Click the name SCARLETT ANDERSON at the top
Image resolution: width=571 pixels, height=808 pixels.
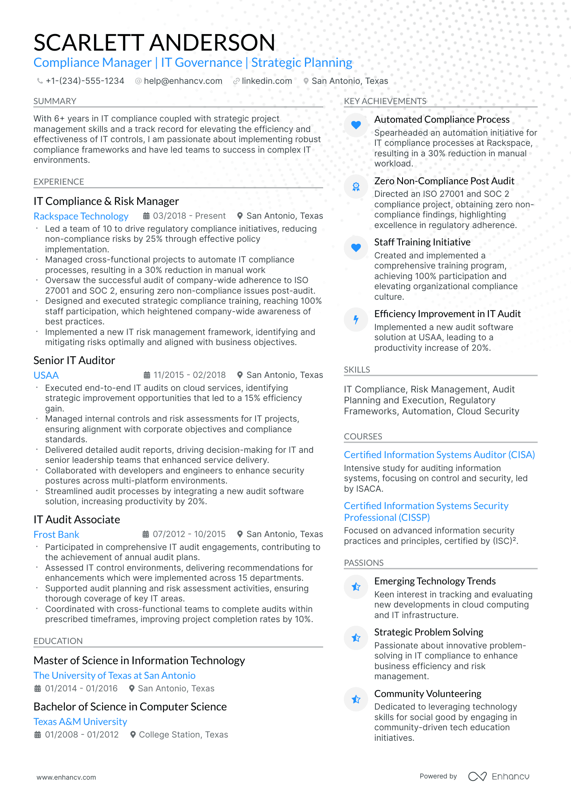(154, 43)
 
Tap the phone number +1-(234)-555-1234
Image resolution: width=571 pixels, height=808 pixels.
(85, 81)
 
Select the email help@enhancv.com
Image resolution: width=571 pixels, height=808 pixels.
(183, 81)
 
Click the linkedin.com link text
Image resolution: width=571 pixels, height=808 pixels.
(267, 81)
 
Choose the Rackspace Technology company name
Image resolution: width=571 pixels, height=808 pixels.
(81, 216)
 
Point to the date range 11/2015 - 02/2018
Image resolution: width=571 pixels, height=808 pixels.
(189, 375)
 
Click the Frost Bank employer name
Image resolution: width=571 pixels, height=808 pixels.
(56, 535)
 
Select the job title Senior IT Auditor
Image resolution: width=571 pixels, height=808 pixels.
(74, 360)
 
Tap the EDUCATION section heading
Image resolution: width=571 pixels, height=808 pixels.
(58, 641)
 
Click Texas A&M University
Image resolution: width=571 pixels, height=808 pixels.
(80, 722)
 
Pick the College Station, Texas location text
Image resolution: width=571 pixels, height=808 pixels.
(183, 735)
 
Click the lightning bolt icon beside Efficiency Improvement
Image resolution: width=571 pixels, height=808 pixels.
(356, 320)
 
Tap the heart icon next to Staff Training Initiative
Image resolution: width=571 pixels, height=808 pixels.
(356, 248)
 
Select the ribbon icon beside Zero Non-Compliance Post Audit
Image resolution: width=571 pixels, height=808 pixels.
(356, 187)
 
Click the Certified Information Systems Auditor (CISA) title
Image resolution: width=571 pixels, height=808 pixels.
(439, 455)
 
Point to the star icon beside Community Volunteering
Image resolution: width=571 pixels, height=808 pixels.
(356, 699)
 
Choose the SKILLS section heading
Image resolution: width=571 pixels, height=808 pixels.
(357, 370)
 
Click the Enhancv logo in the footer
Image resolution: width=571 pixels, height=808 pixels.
(499, 776)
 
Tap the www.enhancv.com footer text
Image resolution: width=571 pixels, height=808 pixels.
(66, 777)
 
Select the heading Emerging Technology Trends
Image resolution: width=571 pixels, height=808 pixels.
(435, 581)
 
